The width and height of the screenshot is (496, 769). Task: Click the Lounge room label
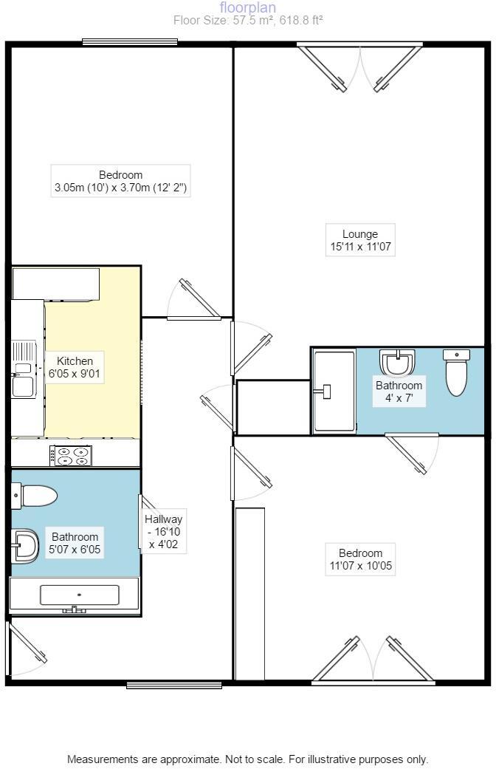point(360,241)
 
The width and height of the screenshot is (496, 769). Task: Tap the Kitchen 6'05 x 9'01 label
point(75,368)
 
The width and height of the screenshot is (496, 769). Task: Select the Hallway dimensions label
point(163,532)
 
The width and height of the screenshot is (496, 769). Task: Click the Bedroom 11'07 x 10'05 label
point(360,560)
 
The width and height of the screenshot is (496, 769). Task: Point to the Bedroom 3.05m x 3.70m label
point(121,182)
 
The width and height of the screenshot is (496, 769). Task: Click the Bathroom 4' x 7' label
point(399,392)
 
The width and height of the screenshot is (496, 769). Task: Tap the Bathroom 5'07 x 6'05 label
point(75,544)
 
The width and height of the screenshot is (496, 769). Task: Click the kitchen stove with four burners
point(71,456)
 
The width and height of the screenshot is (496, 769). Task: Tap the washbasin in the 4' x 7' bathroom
point(396,363)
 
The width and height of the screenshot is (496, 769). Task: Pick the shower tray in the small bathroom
point(334,391)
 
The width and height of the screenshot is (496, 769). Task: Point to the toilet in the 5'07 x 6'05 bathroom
point(35,495)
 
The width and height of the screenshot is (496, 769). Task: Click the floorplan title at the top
point(248,7)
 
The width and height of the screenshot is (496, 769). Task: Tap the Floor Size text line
point(248,21)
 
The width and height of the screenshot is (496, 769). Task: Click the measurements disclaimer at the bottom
point(248,759)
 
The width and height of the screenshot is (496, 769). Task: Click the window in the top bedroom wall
point(129,42)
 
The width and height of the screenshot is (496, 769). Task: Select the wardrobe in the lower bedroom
point(249,593)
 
